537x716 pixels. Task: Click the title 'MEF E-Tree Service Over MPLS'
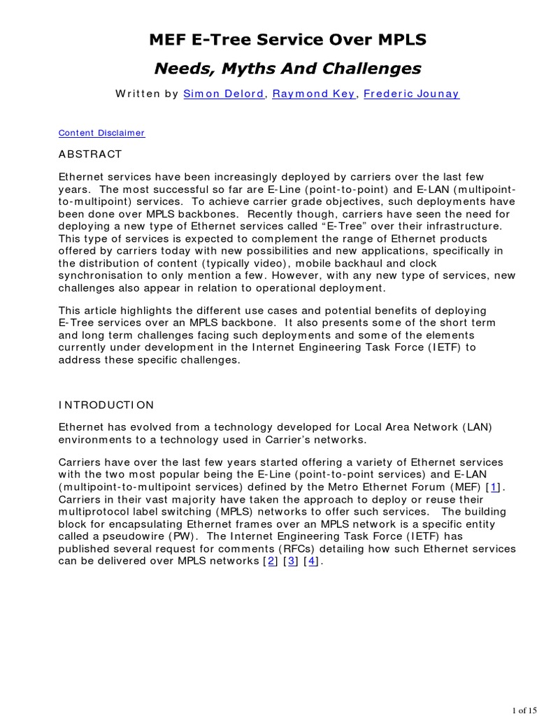pyautogui.click(x=287, y=41)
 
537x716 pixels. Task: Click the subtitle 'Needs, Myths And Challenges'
pyautogui.click(x=287, y=68)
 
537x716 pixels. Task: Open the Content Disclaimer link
pyautogui.click(x=101, y=132)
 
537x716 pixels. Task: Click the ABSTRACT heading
pyautogui.click(x=90, y=154)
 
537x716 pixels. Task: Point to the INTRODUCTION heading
pyautogui.click(x=106, y=405)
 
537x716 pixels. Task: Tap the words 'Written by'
pyautogui.click(x=147, y=94)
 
